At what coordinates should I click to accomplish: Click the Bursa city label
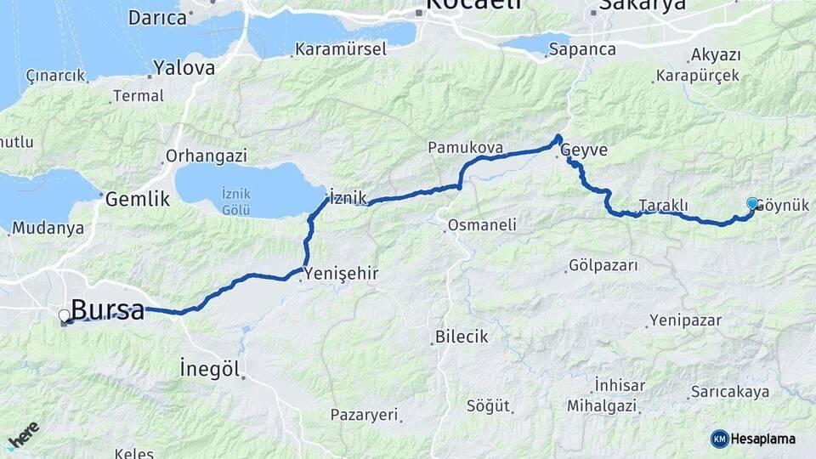[x=107, y=310]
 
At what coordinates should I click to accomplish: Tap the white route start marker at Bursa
[x=64, y=316]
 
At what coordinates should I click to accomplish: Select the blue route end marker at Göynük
[x=752, y=203]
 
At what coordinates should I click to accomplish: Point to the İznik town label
[x=348, y=198]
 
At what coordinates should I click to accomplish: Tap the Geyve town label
[x=584, y=150]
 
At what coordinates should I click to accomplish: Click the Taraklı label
[x=663, y=206]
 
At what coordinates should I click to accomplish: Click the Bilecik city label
[x=462, y=337]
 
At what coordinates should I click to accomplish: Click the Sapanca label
[x=582, y=49]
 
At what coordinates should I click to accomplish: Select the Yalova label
[x=184, y=68]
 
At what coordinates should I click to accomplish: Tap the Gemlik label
[x=138, y=200]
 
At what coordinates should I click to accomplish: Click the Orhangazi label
[x=207, y=156]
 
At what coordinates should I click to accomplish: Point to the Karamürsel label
[x=341, y=49]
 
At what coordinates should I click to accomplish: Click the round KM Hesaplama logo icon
[x=720, y=439]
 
